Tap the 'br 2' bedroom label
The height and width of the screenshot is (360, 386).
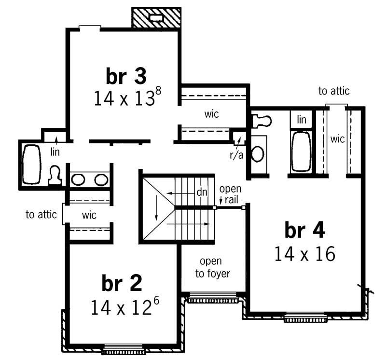(122, 283)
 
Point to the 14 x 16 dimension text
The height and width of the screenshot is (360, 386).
(304, 254)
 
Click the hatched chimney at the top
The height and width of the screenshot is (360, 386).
(156, 18)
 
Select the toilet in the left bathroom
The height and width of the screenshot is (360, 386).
(55, 176)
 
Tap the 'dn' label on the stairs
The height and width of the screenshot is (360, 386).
(202, 192)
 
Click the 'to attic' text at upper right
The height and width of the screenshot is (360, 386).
(334, 91)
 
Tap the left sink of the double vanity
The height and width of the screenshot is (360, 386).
(78, 180)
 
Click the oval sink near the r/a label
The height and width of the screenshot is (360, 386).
(259, 154)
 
